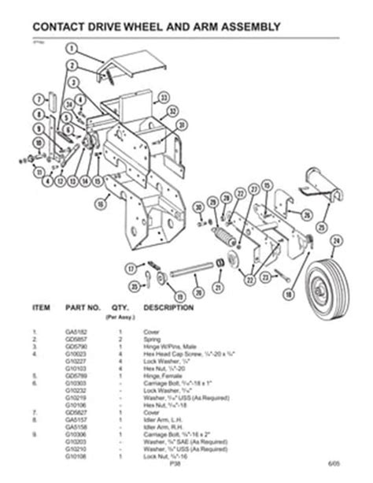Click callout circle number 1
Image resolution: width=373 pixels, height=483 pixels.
pos(70,46)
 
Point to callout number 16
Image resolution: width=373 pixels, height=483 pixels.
pos(101,202)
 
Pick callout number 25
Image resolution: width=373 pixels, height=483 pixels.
pos(308,214)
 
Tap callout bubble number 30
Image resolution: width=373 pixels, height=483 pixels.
pos(200,207)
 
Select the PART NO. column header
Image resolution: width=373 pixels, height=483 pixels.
pos(88,305)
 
